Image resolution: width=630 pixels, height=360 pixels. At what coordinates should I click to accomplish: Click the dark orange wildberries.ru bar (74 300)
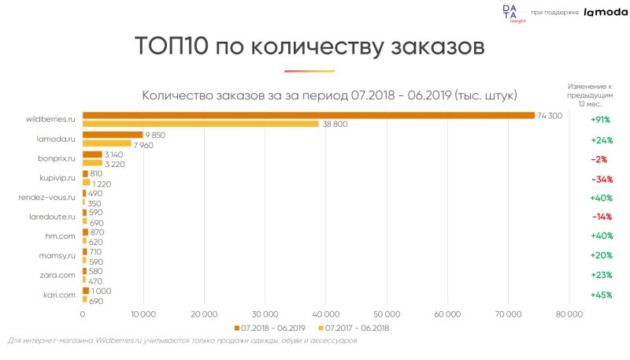[309, 115]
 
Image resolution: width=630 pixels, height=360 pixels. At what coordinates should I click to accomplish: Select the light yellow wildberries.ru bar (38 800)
[201, 124]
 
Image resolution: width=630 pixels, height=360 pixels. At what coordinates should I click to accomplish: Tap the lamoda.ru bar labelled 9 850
[113, 135]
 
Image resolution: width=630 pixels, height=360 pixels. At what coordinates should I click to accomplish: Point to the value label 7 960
[143, 144]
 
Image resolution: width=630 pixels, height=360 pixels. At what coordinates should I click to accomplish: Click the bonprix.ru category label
[56, 158]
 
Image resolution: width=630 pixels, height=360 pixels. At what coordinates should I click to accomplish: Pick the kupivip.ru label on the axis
[57, 178]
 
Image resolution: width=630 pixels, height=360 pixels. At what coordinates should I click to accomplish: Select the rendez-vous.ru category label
[46, 197]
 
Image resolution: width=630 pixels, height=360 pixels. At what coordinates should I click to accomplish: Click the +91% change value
[600, 120]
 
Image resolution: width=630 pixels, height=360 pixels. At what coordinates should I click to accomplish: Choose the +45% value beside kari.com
[600, 295]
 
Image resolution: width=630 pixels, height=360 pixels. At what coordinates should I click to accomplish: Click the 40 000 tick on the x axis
[326, 314]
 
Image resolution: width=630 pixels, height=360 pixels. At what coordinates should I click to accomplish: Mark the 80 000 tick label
[569, 314]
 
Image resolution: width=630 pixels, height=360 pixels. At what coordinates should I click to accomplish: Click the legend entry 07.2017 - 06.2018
[357, 327]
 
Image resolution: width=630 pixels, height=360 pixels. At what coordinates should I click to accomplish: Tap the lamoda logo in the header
[605, 12]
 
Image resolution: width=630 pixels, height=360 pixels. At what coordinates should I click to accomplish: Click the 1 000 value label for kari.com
[101, 290]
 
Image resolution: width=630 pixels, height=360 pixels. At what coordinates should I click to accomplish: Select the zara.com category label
[57, 275]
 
